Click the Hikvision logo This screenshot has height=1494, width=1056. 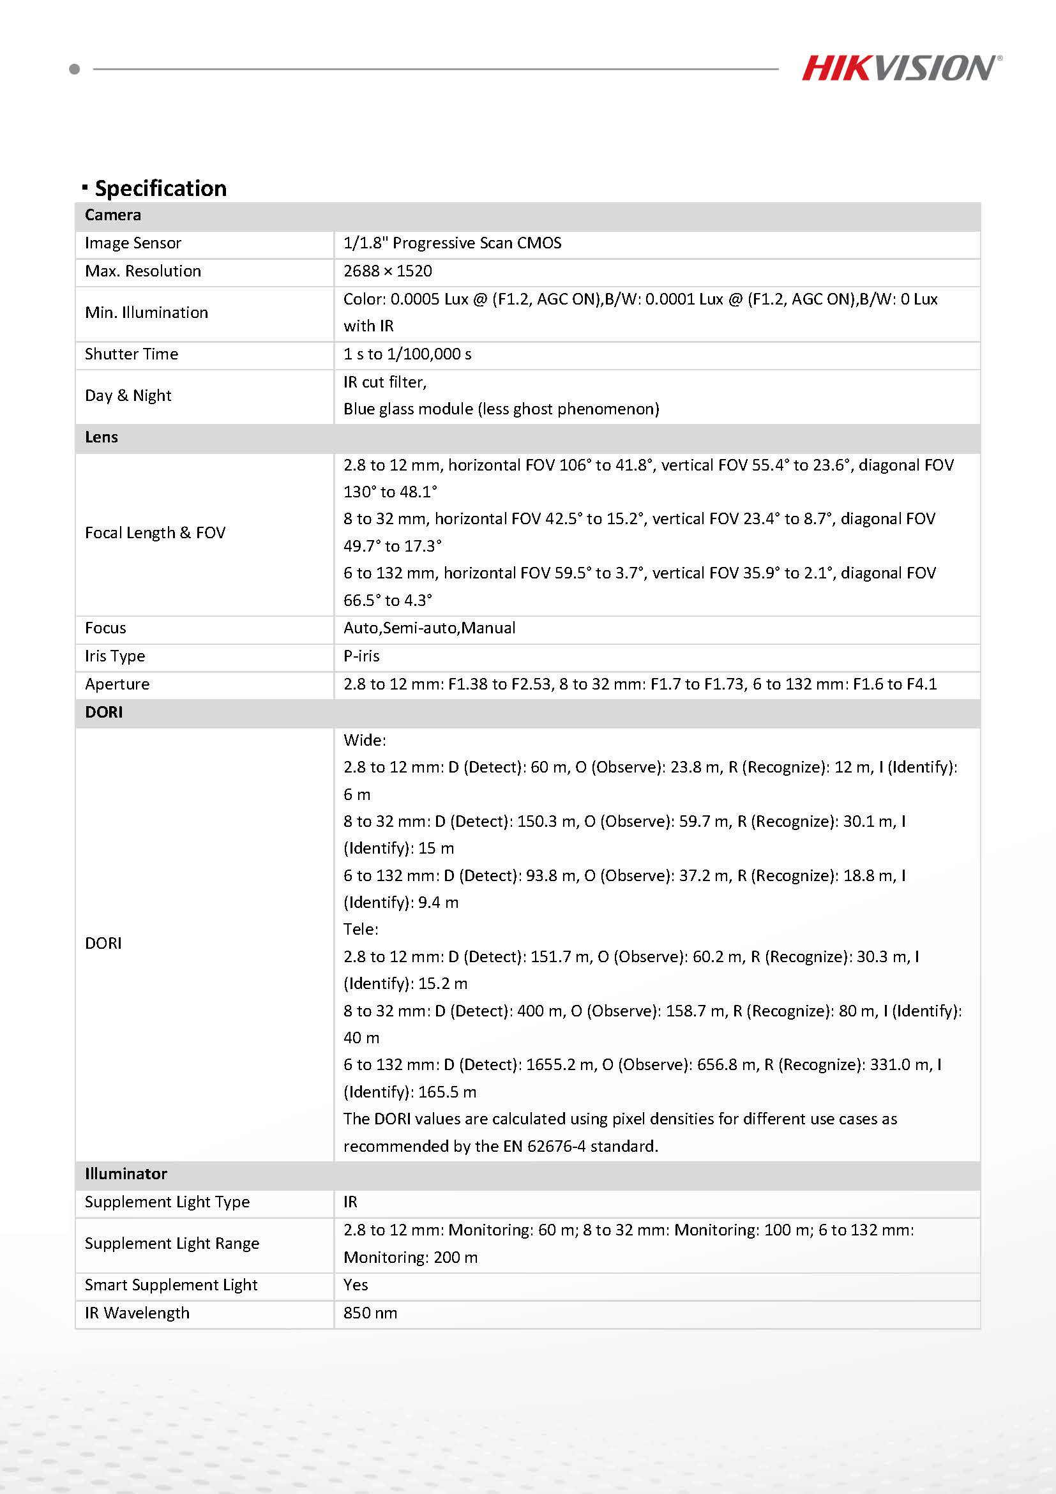tap(901, 68)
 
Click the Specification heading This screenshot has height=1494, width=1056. tap(161, 188)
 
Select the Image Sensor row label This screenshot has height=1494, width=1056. tap(133, 243)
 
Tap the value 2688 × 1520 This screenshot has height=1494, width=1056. tap(388, 271)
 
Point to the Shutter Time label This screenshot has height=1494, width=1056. tap(132, 354)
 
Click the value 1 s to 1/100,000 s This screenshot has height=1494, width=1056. tap(407, 354)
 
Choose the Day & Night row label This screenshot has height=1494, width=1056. tap(128, 396)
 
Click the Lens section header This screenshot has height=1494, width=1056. tap(102, 437)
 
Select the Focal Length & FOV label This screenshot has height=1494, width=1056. tap(155, 533)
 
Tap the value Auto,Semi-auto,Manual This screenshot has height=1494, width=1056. tap(430, 628)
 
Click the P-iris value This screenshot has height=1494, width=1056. tap(361, 656)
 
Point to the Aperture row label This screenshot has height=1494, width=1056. tap(117, 684)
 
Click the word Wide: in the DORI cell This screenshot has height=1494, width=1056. tap(365, 740)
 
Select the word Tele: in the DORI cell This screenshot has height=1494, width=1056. tap(361, 929)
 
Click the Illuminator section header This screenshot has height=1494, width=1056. tap(126, 1174)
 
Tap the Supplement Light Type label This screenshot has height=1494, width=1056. tap(167, 1202)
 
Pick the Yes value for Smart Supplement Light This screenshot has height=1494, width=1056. tap(355, 1285)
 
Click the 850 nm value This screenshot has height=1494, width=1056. tap(370, 1313)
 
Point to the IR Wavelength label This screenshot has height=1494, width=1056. tap(137, 1313)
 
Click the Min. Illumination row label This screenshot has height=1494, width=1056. tap(146, 313)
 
